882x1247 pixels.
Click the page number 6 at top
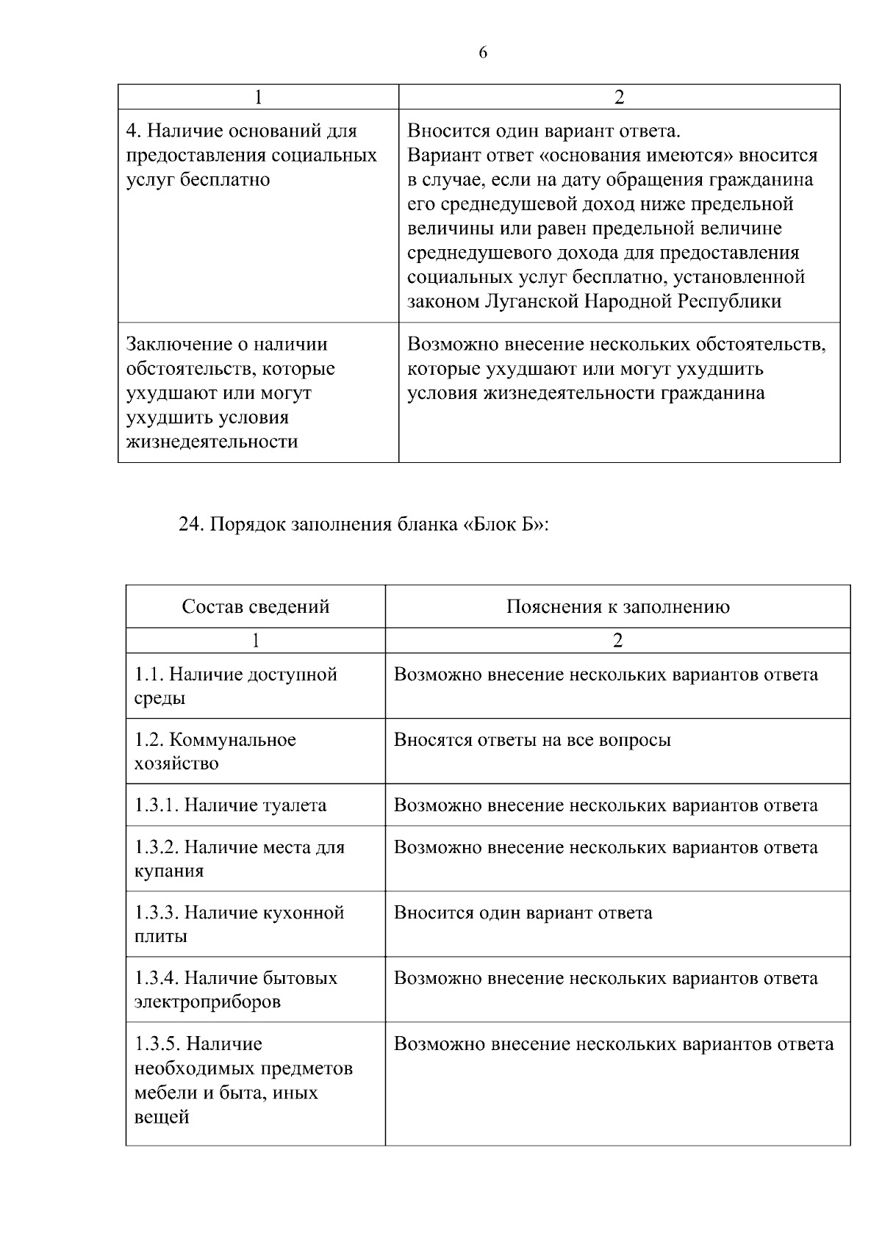[x=483, y=53]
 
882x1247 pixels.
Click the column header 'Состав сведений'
[x=255, y=607]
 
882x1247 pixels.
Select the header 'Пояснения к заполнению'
[x=617, y=607]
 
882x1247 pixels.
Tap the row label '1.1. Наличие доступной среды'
[x=235, y=686]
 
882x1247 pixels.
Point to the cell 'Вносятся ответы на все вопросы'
[x=532, y=740]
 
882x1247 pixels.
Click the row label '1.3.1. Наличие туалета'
[x=230, y=805]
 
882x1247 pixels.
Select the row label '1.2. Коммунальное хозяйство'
[x=215, y=751]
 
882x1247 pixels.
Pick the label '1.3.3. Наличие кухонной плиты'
[x=239, y=924]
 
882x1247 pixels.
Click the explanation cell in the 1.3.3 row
[x=523, y=913]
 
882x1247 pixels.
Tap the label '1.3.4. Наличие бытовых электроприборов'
[x=235, y=990]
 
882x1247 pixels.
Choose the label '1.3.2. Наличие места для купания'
[x=239, y=859]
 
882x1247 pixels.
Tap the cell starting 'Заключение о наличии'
[x=230, y=392]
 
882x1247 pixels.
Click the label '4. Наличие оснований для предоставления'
[x=251, y=155]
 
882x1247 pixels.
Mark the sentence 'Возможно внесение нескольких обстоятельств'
[x=616, y=345]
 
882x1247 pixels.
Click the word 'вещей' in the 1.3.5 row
[x=161, y=1117]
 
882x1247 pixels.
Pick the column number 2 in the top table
[x=619, y=97]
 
